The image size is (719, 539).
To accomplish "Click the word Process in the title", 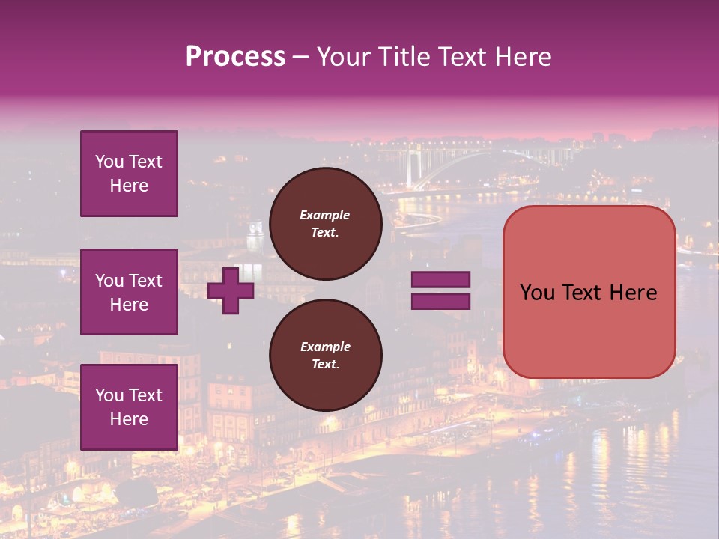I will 235,57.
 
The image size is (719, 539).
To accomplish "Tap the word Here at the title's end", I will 521,57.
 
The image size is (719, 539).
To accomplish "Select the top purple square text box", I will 129,174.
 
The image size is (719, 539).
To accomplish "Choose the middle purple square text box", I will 129,292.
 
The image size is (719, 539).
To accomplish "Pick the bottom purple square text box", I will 129,406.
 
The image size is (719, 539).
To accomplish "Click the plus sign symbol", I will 231,291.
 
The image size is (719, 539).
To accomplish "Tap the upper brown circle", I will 325,223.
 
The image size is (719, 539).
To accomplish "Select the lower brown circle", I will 325,355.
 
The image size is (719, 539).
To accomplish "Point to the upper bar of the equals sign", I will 440,280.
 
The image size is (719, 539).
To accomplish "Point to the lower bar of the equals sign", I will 440,302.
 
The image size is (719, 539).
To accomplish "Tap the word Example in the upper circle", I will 325,215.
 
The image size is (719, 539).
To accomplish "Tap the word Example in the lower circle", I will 325,347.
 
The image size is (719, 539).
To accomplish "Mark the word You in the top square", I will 109,162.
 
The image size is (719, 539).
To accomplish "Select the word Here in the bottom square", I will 129,419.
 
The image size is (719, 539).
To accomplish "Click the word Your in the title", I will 342,57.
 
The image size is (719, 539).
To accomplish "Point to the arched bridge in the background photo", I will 449,161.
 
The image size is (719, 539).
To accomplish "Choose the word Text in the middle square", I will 145,281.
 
